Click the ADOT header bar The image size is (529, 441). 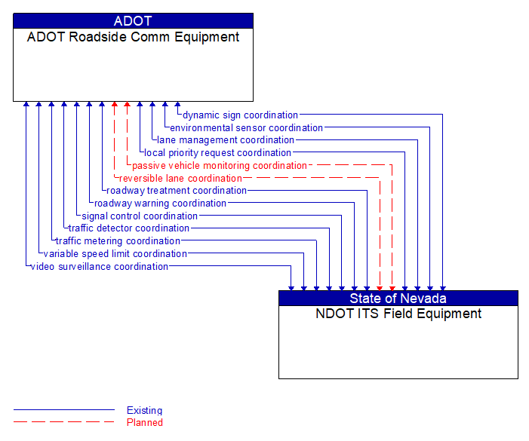(133, 21)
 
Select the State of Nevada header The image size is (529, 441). (398, 299)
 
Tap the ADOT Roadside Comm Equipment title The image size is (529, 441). (133, 37)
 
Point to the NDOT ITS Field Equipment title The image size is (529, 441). (398, 314)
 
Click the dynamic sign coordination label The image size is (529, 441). (240, 115)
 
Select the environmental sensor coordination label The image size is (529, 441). (246, 128)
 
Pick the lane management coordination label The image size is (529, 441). (226, 140)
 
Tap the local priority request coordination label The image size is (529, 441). (217, 153)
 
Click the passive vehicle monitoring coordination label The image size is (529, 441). (220, 166)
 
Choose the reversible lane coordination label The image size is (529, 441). (180, 179)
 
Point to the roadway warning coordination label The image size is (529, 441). (160, 204)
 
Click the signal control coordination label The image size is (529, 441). (140, 216)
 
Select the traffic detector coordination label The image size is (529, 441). (129, 228)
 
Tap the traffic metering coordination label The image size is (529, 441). (118, 241)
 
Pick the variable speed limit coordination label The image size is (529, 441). (115, 254)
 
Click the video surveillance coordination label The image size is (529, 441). (99, 267)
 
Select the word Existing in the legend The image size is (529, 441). (144, 411)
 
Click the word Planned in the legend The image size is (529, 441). (145, 423)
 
